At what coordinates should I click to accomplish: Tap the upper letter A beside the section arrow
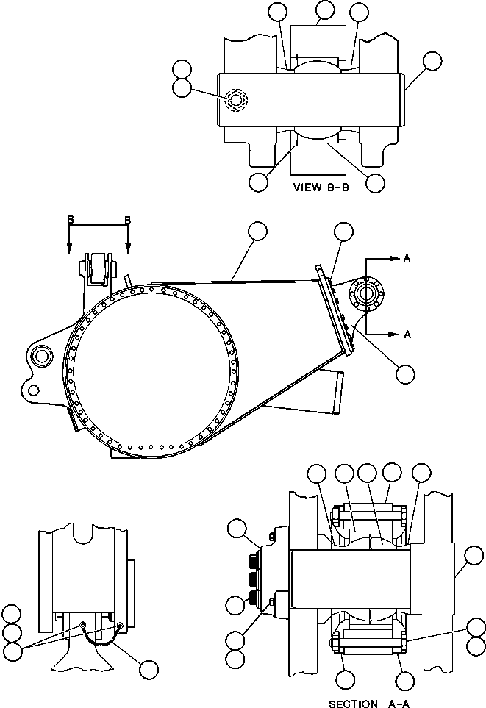pos(406,258)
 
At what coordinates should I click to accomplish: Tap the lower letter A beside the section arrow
pos(406,334)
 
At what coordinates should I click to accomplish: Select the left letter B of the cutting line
pos(70,220)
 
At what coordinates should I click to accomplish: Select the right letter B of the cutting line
pos(128,220)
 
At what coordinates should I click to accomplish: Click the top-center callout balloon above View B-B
pos(324,10)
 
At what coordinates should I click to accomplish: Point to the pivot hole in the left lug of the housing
pos(40,357)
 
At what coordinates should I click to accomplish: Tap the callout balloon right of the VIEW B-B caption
pos(376,183)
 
